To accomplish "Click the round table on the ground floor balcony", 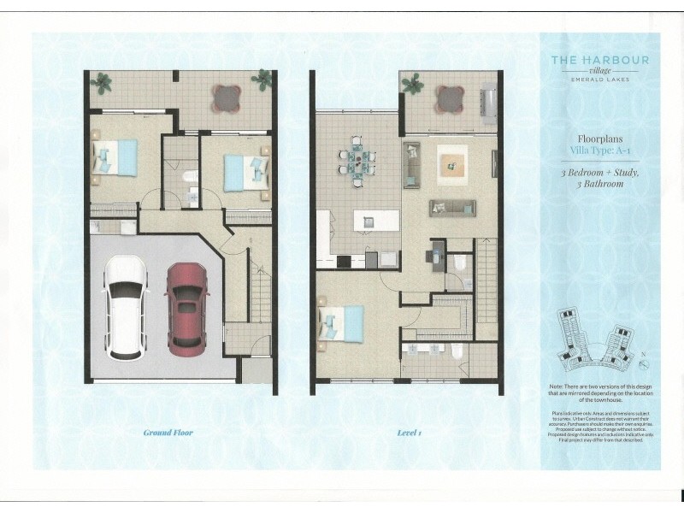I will coord(227,97).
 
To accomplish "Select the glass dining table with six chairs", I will coord(358,157).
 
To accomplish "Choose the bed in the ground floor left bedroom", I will coord(115,159).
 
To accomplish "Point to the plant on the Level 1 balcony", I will coord(414,83).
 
